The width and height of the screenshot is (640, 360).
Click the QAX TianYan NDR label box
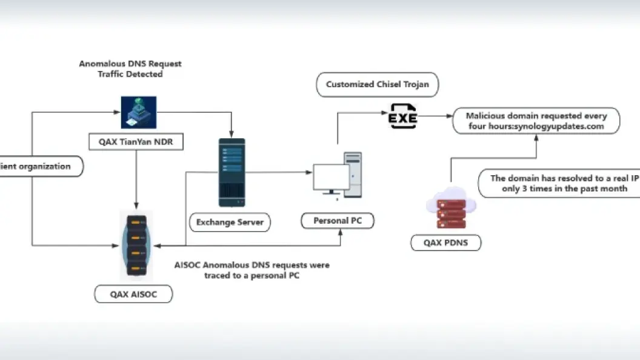136,142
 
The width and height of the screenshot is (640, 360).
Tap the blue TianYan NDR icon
139,112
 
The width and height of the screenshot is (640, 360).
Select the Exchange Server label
230,222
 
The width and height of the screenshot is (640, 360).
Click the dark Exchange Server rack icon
232,172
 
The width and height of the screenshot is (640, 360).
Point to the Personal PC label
338,221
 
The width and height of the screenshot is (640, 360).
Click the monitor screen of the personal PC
332,177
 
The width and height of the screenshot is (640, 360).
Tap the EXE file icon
402,116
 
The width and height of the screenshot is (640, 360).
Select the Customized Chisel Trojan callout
378,84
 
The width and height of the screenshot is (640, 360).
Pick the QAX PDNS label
445,243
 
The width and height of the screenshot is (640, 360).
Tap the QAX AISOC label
133,295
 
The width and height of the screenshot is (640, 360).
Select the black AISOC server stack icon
136,245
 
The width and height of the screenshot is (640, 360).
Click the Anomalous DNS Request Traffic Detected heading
130,69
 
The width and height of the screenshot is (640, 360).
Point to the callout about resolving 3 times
559,183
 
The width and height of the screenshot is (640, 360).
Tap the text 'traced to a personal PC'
252,276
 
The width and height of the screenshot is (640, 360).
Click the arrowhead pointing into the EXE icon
384,113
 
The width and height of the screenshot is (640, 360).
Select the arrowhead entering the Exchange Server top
232,135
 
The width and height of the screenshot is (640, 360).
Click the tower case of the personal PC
353,175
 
